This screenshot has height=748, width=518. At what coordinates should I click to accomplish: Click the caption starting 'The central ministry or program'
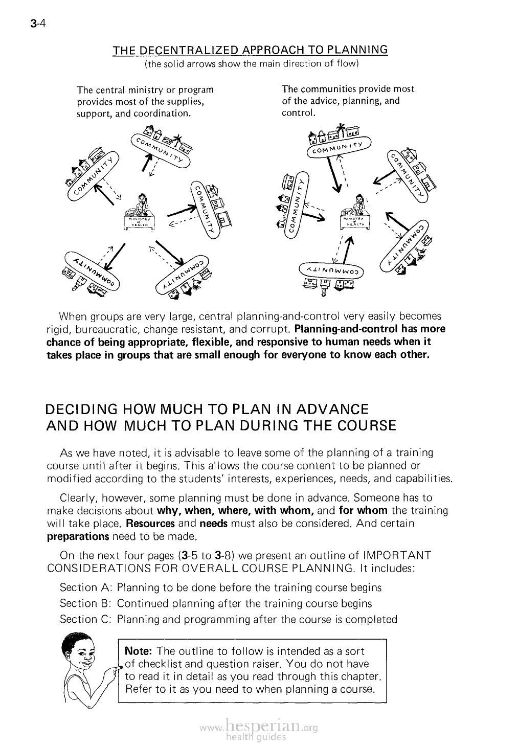(145, 101)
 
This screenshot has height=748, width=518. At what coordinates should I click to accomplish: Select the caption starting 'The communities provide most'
(348, 100)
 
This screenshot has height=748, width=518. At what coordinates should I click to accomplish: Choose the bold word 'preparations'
(78, 536)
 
